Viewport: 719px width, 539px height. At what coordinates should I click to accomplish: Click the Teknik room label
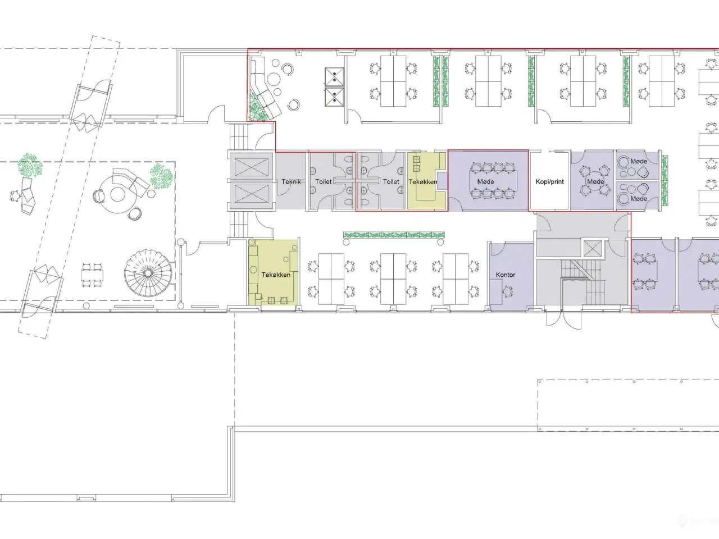[291, 181]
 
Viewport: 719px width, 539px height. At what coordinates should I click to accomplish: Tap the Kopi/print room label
[550, 181]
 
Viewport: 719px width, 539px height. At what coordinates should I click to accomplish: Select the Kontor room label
[506, 275]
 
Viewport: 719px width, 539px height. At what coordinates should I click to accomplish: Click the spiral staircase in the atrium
[148, 273]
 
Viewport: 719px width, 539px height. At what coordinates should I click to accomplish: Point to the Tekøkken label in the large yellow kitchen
[276, 275]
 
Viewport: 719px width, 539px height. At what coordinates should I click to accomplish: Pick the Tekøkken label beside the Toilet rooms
[422, 181]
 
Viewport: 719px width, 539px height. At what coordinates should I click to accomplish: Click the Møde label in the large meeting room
[485, 181]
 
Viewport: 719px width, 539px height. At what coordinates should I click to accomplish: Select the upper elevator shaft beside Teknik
[251, 167]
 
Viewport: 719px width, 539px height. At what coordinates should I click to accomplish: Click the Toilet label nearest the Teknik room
[324, 181]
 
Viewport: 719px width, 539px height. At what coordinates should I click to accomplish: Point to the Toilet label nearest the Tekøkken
[391, 181]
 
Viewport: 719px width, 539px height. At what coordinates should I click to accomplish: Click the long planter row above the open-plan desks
[394, 235]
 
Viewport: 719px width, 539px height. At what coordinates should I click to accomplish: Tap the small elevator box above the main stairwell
[593, 248]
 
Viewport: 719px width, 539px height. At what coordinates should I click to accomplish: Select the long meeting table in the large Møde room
[494, 181]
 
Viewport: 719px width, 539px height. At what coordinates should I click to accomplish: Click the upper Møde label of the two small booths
[639, 161]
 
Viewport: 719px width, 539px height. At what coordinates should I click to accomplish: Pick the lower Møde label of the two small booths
[639, 199]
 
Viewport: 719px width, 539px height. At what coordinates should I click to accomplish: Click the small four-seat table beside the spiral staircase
[92, 275]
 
